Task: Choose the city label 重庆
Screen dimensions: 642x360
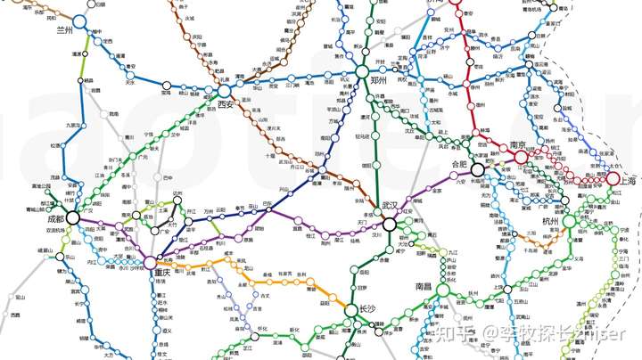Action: coord(161,273)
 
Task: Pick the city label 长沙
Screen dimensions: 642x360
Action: coord(368,309)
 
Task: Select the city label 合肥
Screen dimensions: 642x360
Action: coord(459,164)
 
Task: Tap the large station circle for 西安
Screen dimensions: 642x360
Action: coord(223,91)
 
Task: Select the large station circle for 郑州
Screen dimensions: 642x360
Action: coord(362,71)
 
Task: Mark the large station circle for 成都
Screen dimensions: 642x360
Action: coord(71,217)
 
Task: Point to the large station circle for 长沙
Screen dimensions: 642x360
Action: coord(354,309)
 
